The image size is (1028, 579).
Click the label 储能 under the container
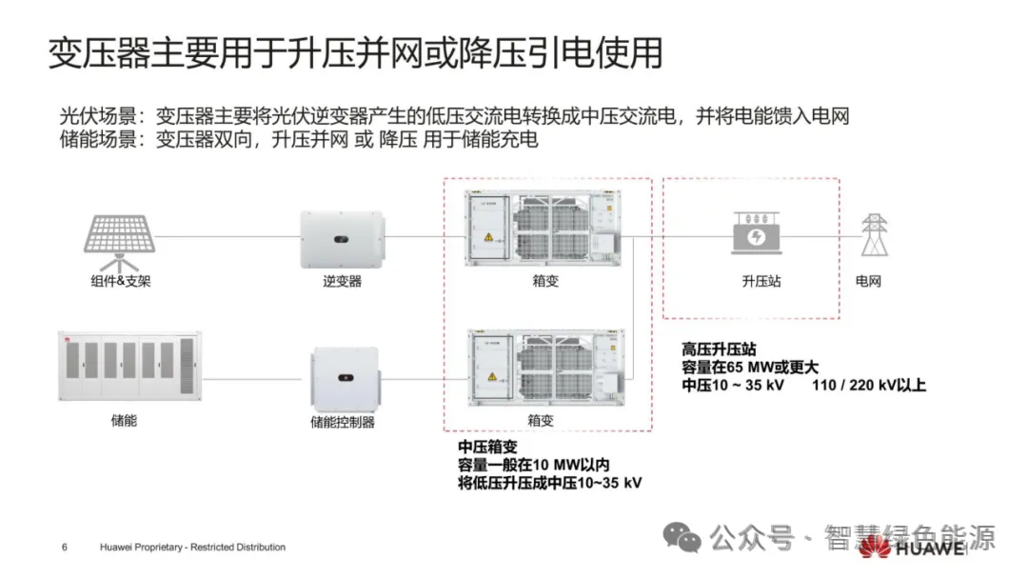pos(124,419)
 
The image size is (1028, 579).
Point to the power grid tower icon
pos(873,234)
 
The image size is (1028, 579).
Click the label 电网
pos(869,282)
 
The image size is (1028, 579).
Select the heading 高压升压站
pos(719,349)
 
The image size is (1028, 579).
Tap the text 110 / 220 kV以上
pos(869,386)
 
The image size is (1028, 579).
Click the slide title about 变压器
pos(354,53)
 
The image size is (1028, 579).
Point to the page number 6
pos(64,548)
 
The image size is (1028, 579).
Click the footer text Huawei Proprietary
pos(192,548)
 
